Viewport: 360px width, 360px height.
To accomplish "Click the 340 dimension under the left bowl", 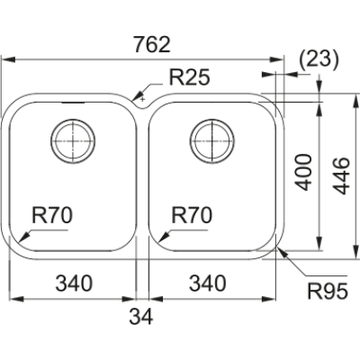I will tap(76, 284).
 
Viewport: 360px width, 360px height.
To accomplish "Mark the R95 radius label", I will tap(327, 291).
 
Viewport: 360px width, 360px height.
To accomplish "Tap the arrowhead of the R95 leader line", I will tap(282, 252).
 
